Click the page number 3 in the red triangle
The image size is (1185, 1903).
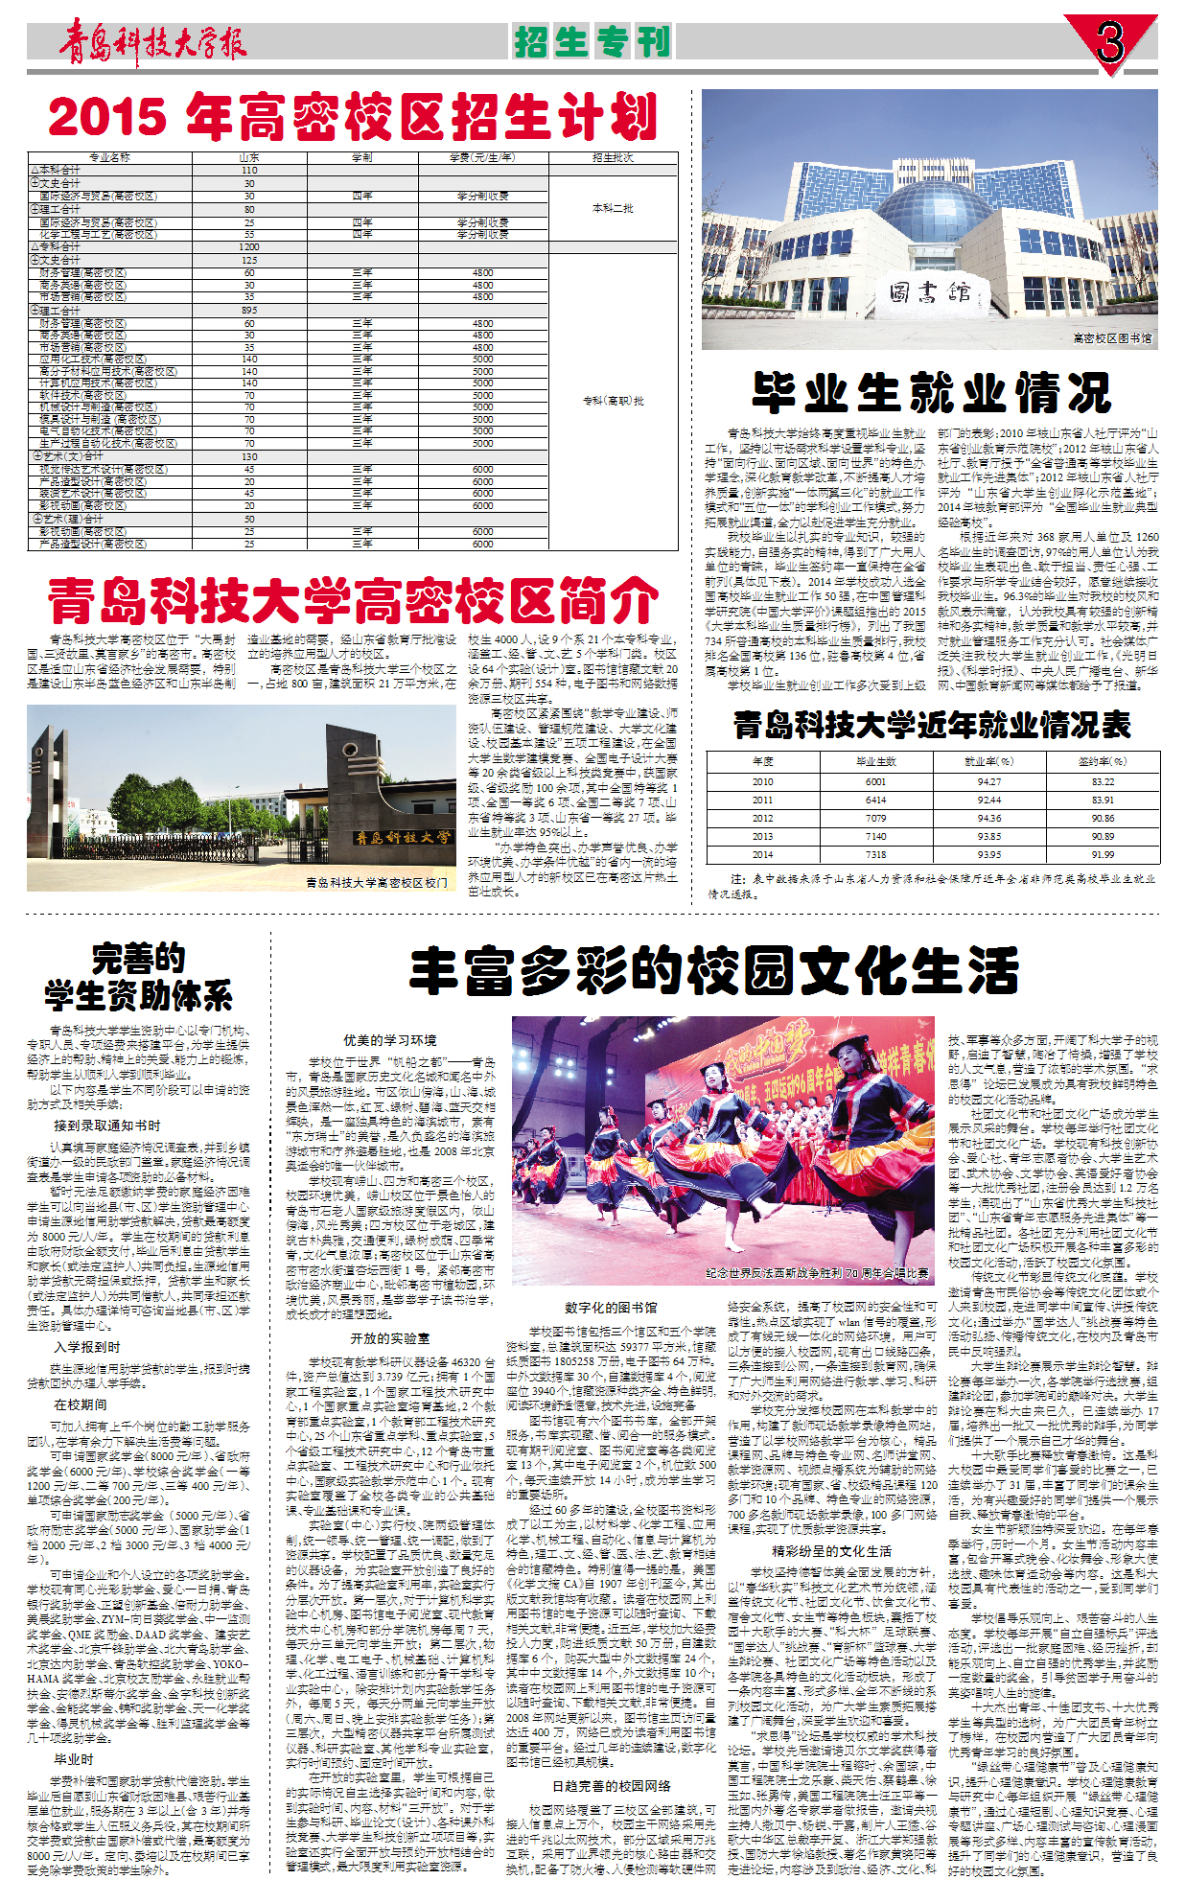1110,41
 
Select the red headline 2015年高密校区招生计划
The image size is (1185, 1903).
353,118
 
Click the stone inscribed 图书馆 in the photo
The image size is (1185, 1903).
928,291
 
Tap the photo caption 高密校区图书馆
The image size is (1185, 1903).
1112,338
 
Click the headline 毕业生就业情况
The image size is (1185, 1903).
931,392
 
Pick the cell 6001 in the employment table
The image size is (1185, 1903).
875,782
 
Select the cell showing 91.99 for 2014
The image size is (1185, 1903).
1103,854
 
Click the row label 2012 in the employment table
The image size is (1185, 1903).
762,819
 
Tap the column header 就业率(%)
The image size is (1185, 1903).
988,761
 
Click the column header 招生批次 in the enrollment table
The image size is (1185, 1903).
613,157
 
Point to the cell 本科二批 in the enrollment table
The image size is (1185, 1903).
613,208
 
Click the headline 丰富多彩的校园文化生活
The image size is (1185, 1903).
714,971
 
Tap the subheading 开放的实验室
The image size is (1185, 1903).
390,1338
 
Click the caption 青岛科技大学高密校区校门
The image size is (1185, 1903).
376,882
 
